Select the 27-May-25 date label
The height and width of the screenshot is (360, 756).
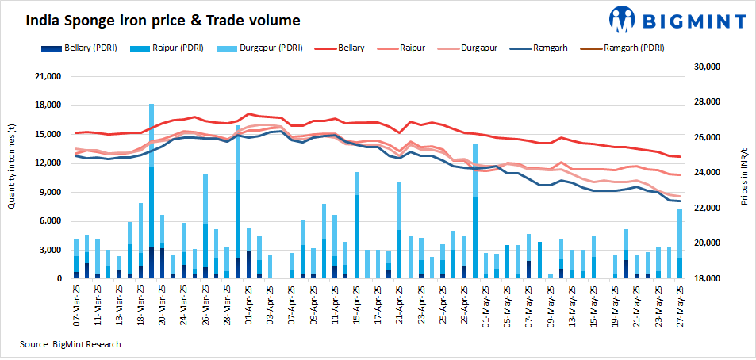(680, 305)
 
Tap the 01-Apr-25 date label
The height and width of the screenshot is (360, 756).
(248, 305)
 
